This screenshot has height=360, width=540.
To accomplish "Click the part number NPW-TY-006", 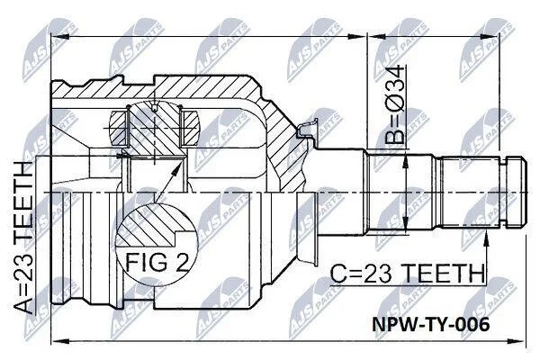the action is click(x=430, y=324).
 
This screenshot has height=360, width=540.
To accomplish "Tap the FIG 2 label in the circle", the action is click(x=157, y=262).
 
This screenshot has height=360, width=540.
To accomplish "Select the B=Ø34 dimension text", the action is click(x=394, y=104).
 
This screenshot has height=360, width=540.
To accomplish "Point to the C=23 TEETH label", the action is click(x=407, y=274).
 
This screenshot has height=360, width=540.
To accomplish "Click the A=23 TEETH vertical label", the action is click(x=23, y=237).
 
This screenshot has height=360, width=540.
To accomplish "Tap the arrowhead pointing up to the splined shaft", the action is click(x=486, y=238).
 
